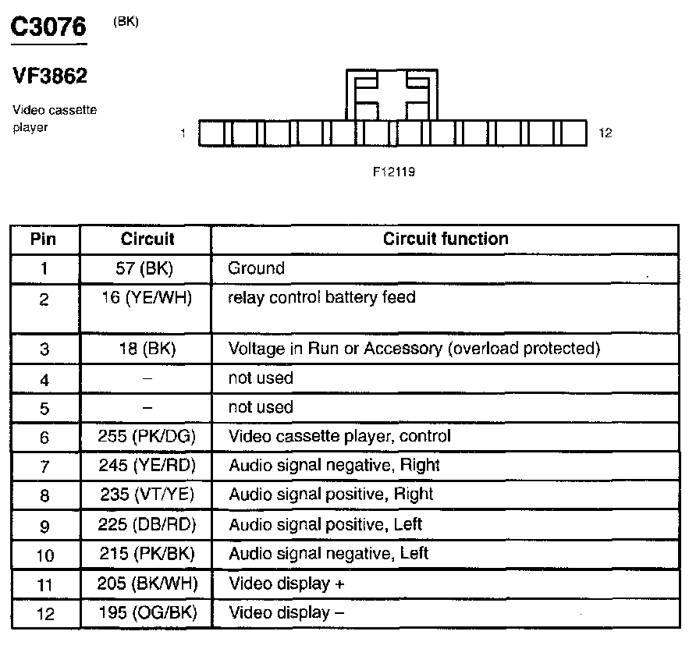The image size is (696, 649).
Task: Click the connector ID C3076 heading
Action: [x=48, y=28]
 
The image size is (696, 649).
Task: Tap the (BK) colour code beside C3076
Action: [x=126, y=21]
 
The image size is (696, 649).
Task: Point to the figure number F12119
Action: [x=394, y=172]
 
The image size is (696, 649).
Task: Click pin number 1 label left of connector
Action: [x=183, y=133]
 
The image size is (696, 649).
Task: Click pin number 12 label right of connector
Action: [x=605, y=133]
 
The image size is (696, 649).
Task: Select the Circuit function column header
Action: [x=446, y=239]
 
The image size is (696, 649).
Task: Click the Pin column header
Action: [x=44, y=239]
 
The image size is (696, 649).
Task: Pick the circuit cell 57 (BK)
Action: [x=146, y=268]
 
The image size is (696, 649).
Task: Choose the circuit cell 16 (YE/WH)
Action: [x=146, y=297]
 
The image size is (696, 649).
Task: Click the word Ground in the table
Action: [x=256, y=268]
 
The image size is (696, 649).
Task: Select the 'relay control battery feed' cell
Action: [x=321, y=297]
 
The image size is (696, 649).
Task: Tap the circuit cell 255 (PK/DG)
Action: [x=146, y=436]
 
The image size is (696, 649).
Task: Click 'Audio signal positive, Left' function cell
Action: [x=325, y=524]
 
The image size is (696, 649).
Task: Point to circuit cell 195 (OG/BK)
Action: [x=146, y=613]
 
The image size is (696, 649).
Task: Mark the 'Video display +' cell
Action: [x=286, y=583]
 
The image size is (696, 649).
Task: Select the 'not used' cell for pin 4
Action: [x=260, y=378]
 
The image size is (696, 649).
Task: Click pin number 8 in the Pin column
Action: [x=44, y=495]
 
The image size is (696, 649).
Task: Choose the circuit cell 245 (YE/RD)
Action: [x=146, y=466]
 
